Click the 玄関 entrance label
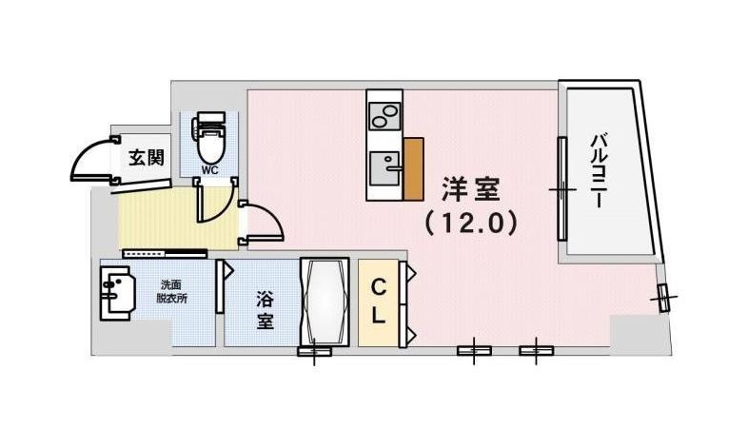[x=146, y=157]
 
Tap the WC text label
[x=207, y=172]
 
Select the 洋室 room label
[x=470, y=190]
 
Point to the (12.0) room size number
[x=470, y=224]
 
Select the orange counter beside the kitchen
[x=412, y=169]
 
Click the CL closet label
[x=378, y=302]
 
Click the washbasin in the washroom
[x=118, y=295]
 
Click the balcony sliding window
[x=561, y=190]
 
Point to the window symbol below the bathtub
[x=314, y=352]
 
